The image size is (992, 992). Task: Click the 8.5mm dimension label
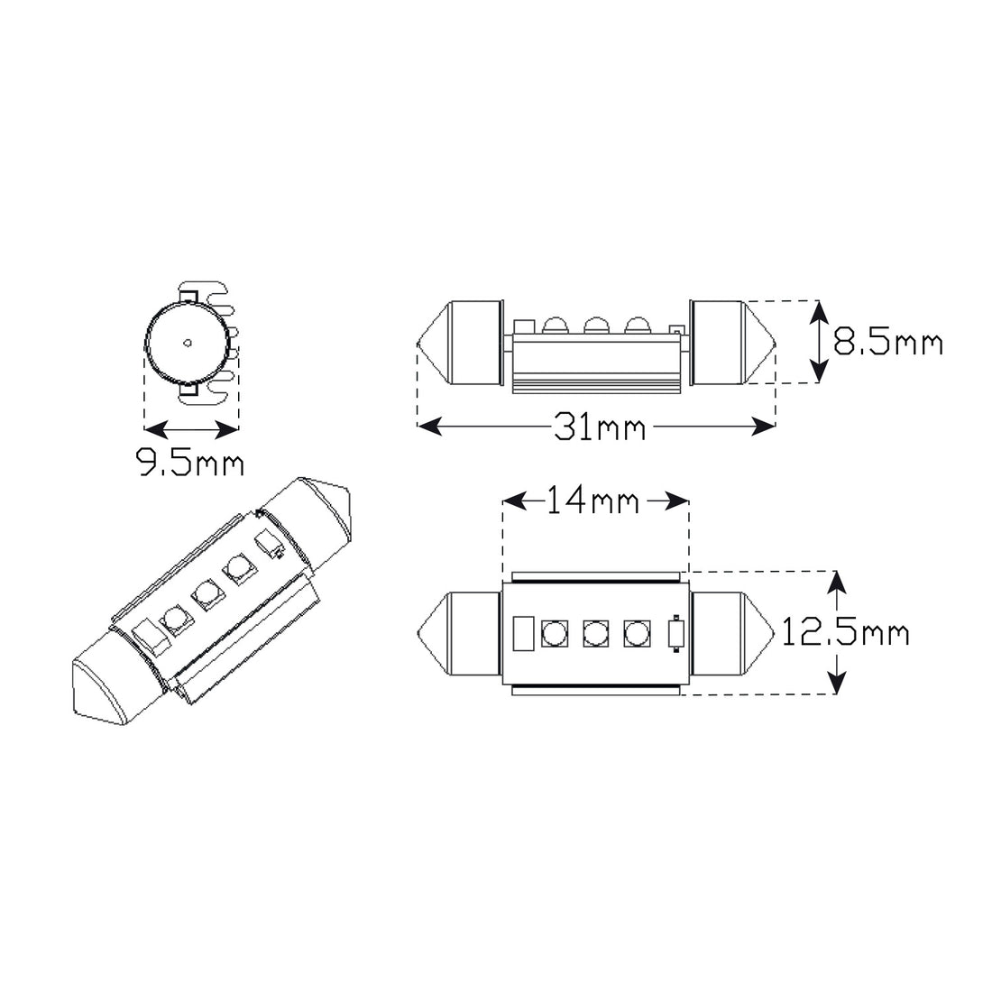click(887, 344)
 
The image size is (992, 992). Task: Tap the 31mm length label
click(600, 427)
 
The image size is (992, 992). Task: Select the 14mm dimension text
click(592, 501)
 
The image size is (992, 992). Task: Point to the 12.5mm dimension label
click(846, 632)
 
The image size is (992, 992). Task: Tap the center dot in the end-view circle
click(187, 343)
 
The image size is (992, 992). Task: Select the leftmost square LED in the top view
click(555, 633)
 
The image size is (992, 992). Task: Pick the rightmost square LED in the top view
click(637, 633)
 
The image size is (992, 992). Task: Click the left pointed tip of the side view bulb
click(418, 343)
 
